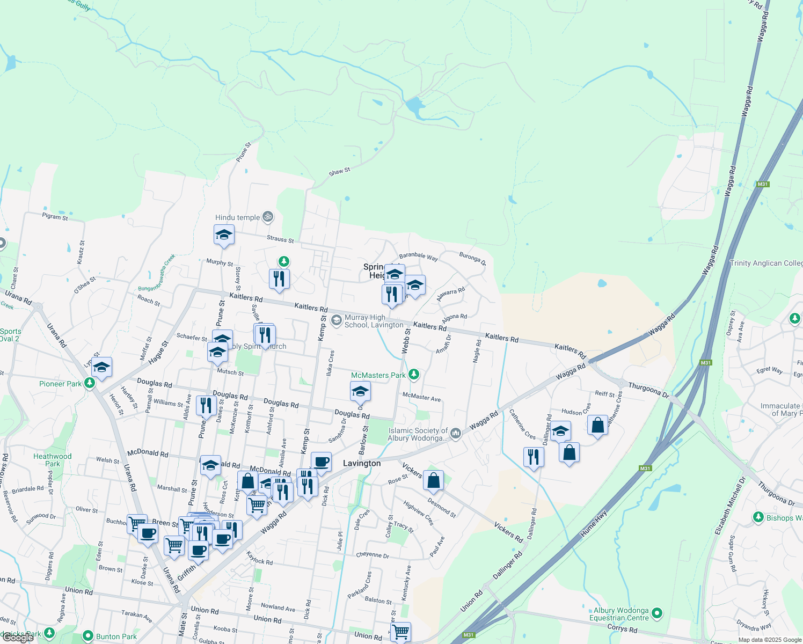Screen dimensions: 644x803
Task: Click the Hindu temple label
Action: [x=237, y=217]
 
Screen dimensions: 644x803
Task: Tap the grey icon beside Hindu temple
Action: [x=268, y=217]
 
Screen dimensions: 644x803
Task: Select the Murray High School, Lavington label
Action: [x=374, y=321]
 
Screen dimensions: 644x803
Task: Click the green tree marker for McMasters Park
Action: [x=413, y=375]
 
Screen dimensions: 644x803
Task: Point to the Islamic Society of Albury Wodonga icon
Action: [x=456, y=433]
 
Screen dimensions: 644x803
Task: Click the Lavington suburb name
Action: [x=362, y=463]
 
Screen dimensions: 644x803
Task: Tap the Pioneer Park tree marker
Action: [x=90, y=383]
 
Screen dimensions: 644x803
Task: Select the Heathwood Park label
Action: [x=52, y=460]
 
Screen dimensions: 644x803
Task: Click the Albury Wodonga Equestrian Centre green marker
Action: [x=658, y=613]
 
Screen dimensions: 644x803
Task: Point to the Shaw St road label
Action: [x=339, y=172]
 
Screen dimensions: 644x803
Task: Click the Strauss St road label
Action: [x=280, y=239]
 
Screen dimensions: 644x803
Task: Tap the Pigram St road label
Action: [x=55, y=217]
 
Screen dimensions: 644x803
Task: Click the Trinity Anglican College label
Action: [x=766, y=263]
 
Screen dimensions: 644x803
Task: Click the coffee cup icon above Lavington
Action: [x=321, y=462]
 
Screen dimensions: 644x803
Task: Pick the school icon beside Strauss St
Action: [x=224, y=235]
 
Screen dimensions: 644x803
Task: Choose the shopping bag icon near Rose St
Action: [x=433, y=480]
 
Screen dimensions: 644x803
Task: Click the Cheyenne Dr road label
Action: [x=373, y=555]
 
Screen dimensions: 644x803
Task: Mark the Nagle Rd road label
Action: [x=477, y=351]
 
